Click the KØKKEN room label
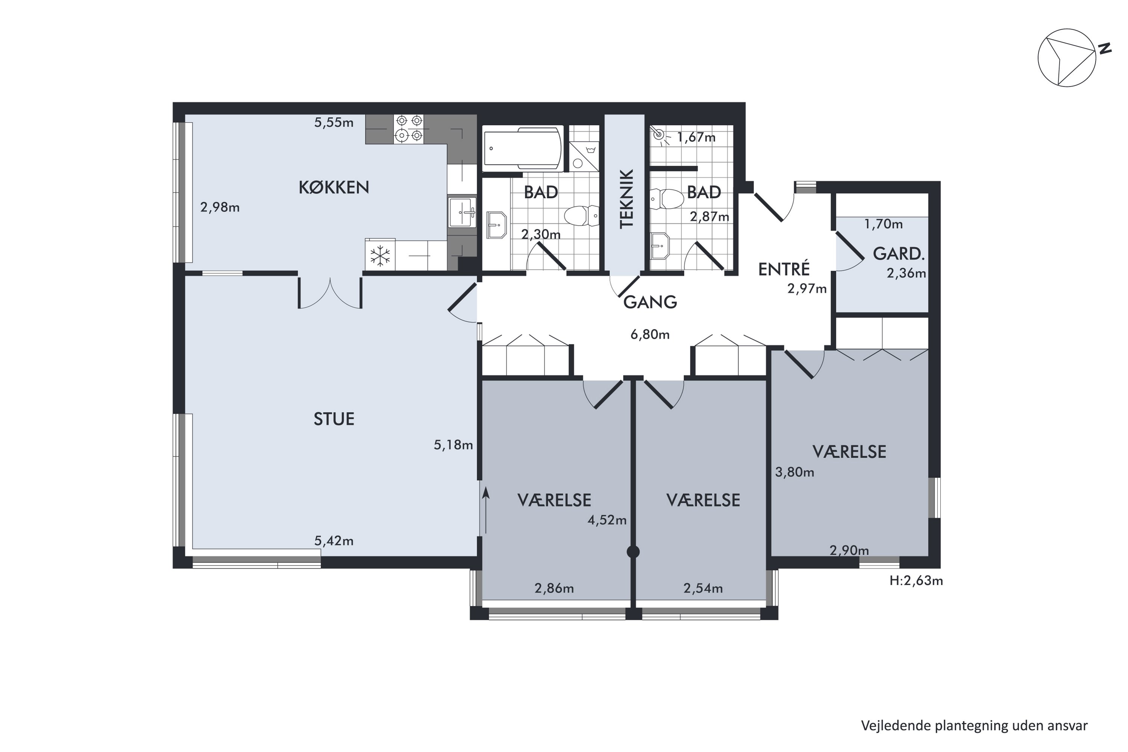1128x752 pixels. pyautogui.click(x=334, y=188)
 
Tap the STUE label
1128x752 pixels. pyautogui.click(x=334, y=419)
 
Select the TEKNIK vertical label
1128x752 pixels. pyautogui.click(x=627, y=199)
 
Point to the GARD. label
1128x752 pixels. pyautogui.click(x=899, y=254)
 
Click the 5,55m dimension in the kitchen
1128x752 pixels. pyautogui.click(x=334, y=123)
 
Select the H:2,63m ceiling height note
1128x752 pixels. pyautogui.click(x=916, y=581)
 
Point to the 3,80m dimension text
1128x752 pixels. pyautogui.click(x=795, y=472)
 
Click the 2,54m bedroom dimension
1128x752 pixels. pyautogui.click(x=703, y=588)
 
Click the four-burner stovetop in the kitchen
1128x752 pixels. pyautogui.click(x=409, y=129)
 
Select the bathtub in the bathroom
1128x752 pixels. pyautogui.click(x=523, y=149)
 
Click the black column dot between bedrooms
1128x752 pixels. pyautogui.click(x=633, y=552)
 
